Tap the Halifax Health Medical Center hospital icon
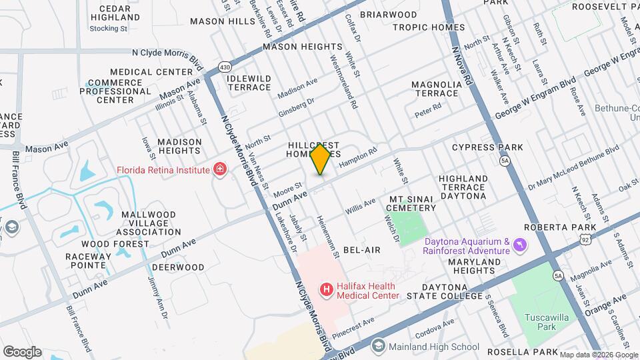click(x=327, y=289)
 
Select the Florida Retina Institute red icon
click(x=219, y=169)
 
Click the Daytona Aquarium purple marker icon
click(x=520, y=247)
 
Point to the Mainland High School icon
click(x=379, y=346)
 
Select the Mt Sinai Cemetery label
click(x=412, y=203)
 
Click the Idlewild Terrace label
click(x=249, y=83)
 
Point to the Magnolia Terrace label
click(x=436, y=89)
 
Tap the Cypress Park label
click(x=487, y=147)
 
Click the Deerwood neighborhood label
click(x=177, y=267)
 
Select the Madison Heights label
click(x=179, y=146)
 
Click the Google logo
click(x=21, y=351)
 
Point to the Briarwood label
click(x=388, y=14)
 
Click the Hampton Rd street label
click(x=354, y=157)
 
